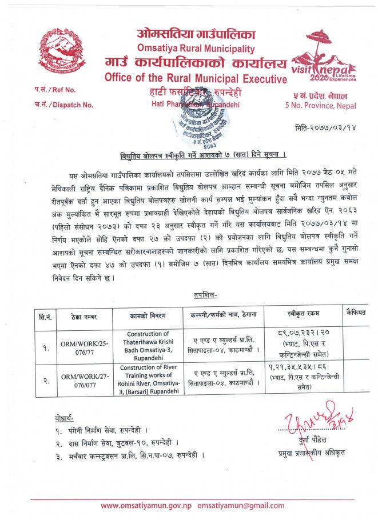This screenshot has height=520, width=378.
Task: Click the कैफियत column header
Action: point(355,312)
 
